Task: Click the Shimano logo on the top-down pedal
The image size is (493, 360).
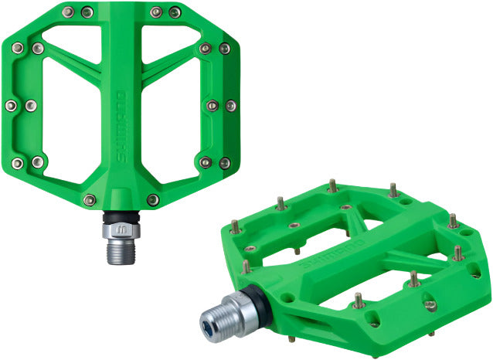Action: (x=121, y=127)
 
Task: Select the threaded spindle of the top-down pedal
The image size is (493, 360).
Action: (x=121, y=251)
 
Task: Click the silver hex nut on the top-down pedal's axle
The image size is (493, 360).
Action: (x=121, y=230)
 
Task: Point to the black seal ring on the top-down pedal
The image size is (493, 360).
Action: (x=121, y=217)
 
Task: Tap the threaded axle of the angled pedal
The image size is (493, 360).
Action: (x=220, y=318)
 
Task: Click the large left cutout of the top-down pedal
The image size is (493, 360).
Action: (x=72, y=120)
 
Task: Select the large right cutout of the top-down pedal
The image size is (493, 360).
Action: (x=171, y=120)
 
